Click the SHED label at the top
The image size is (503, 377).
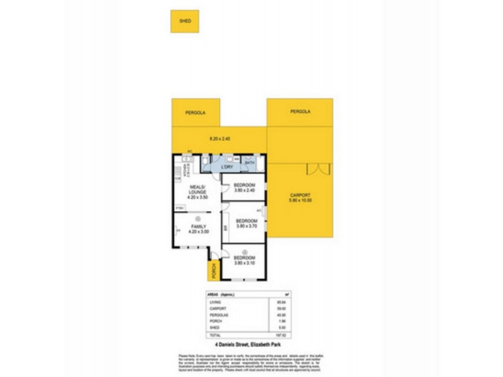coord(185,21)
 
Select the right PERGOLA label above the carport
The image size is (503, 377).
coord(300,111)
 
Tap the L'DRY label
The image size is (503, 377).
coord(226,167)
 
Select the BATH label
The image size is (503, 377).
coord(249,163)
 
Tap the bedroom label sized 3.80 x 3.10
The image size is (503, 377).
coord(245,260)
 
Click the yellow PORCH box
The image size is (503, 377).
coord(214,271)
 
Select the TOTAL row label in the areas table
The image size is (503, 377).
coord(214,336)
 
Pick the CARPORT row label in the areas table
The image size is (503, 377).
coord(218,309)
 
